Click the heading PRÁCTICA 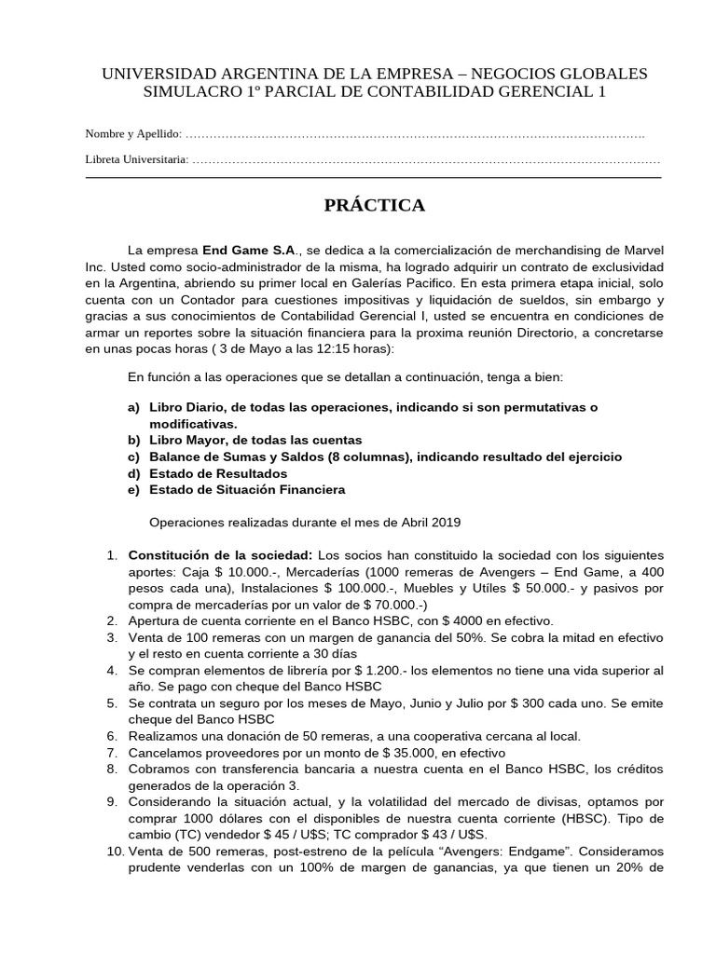tap(374, 206)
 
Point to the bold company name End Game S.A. tap(248, 251)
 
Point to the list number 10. tap(113, 851)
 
